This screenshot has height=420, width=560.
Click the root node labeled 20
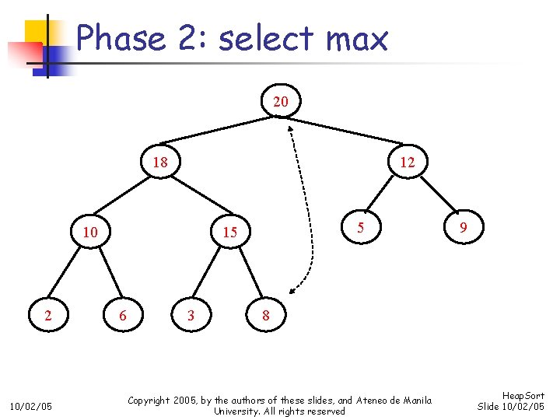point(281,102)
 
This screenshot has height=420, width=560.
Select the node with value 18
point(160,163)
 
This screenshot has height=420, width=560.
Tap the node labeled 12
point(407,163)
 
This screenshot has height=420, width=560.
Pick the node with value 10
point(90,233)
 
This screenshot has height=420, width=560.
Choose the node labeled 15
point(229,233)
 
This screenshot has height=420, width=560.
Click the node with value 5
point(360,227)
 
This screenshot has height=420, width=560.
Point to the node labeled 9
point(463,227)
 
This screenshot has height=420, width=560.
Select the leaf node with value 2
point(48,315)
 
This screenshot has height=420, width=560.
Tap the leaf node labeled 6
point(121,315)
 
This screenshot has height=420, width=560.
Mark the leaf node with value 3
point(191,315)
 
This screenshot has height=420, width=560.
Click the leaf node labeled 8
point(266,315)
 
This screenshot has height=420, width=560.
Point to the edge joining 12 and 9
point(436,195)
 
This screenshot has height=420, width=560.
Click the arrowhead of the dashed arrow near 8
point(290,292)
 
